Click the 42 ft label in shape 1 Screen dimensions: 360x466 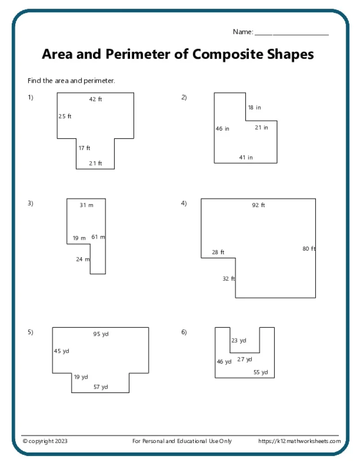pyautogui.click(x=95, y=99)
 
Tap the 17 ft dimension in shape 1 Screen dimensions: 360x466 pyautogui.click(x=85, y=148)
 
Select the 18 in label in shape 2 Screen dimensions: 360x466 pyautogui.click(x=254, y=108)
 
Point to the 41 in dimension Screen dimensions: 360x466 pyautogui.click(x=246, y=158)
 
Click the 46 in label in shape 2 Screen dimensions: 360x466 pyautogui.click(x=222, y=129)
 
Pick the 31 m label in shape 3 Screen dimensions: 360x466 pyautogui.click(x=86, y=205)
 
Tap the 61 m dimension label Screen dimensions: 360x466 pyautogui.click(x=98, y=237)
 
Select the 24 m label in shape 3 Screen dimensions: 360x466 pyautogui.click(x=83, y=259)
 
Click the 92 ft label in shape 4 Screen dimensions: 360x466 pyautogui.click(x=258, y=205)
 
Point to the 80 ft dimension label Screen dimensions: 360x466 pyautogui.click(x=309, y=249)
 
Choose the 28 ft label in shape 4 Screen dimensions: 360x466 pyautogui.click(x=218, y=252)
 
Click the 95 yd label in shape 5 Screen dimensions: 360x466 pyautogui.click(x=101, y=334)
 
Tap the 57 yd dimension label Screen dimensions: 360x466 pyautogui.click(x=101, y=387)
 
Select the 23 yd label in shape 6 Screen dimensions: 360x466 pyautogui.click(x=238, y=341)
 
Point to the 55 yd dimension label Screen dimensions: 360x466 pyautogui.click(x=261, y=372)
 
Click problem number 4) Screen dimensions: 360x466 pyautogui.click(x=184, y=203)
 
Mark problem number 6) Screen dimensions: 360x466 pyautogui.click(x=184, y=332)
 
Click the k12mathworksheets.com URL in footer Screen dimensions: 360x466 pyautogui.click(x=299, y=441)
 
